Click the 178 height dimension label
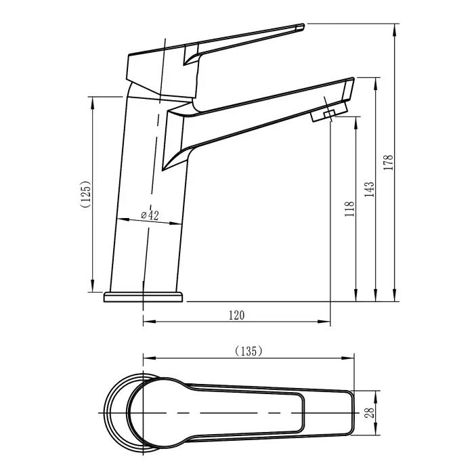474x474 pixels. pyautogui.click(x=389, y=163)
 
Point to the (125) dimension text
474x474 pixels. pyautogui.click(x=85, y=194)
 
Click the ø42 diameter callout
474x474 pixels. pyautogui.click(x=150, y=215)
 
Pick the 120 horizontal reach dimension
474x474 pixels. pyautogui.click(x=236, y=315)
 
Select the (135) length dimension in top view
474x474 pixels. pyautogui.click(x=248, y=351)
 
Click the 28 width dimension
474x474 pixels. pyautogui.click(x=370, y=412)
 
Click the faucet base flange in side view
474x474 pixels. pyautogui.click(x=143, y=297)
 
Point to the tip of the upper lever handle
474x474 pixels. pyautogui.click(x=301, y=27)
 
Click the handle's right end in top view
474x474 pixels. pyautogui.click(x=351, y=412)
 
